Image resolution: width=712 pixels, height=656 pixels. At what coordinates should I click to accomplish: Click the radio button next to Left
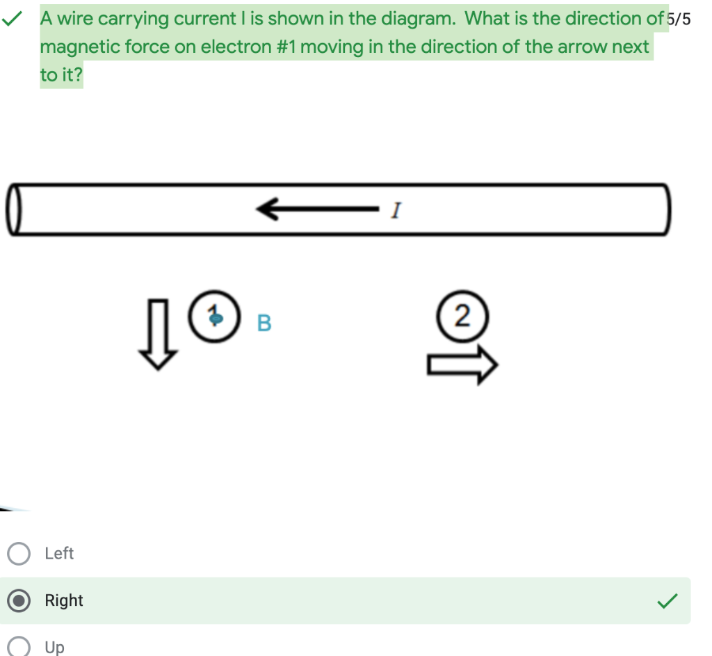click(19, 554)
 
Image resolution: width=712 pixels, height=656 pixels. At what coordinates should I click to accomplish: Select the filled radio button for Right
click(19, 600)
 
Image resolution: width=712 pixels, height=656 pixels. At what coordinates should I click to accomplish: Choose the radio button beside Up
click(19, 647)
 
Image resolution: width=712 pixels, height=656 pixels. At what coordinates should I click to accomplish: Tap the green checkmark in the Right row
click(666, 600)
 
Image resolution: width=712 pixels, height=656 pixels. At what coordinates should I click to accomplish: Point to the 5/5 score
click(679, 19)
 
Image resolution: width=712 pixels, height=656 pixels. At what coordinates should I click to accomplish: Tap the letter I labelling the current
click(396, 209)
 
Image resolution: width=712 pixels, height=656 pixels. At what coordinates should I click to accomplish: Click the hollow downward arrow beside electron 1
click(159, 334)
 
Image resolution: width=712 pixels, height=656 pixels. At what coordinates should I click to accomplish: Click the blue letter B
click(264, 323)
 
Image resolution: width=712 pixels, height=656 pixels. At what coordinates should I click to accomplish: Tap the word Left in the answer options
click(59, 554)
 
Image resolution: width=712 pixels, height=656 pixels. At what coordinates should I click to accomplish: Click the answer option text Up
click(54, 647)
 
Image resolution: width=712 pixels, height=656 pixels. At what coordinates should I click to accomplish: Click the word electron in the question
click(234, 47)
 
